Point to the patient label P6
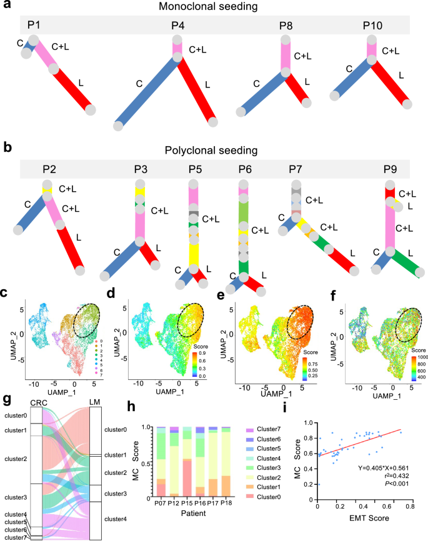(x=244, y=169)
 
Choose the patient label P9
(x=389, y=169)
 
